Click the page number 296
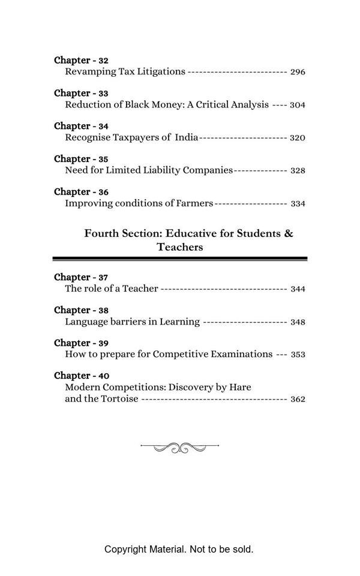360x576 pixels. pyautogui.click(x=298, y=72)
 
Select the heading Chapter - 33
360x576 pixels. pyautogui.click(x=81, y=93)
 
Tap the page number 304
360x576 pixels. pyautogui.click(x=298, y=105)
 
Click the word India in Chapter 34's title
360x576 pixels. pyautogui.click(x=186, y=137)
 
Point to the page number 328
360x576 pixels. pyautogui.click(x=298, y=170)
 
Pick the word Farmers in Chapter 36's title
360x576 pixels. pyautogui.click(x=194, y=203)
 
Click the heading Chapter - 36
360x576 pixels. pyautogui.click(x=81, y=192)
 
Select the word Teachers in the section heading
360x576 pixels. pyautogui.click(x=180, y=247)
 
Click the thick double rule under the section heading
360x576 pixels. pyautogui.click(x=180, y=259)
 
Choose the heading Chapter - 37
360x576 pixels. pyautogui.click(x=81, y=277)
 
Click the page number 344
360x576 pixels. pyautogui.click(x=298, y=289)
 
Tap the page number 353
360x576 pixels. pyautogui.click(x=298, y=355)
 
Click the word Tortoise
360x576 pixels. pyautogui.click(x=120, y=398)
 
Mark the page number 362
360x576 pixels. pyautogui.click(x=298, y=399)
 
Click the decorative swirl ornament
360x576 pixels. pyautogui.click(x=179, y=447)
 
